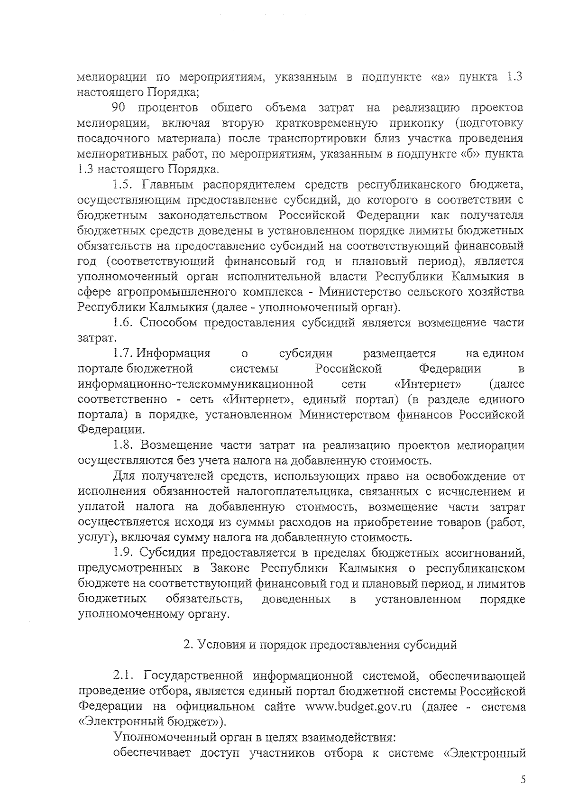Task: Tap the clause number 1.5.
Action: tap(123, 185)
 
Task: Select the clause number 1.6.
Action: tap(123, 323)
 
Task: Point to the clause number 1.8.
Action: tap(123, 445)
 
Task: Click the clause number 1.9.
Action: tap(123, 553)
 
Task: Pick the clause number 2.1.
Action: tap(123, 675)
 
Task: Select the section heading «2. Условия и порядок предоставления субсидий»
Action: tap(320, 645)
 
